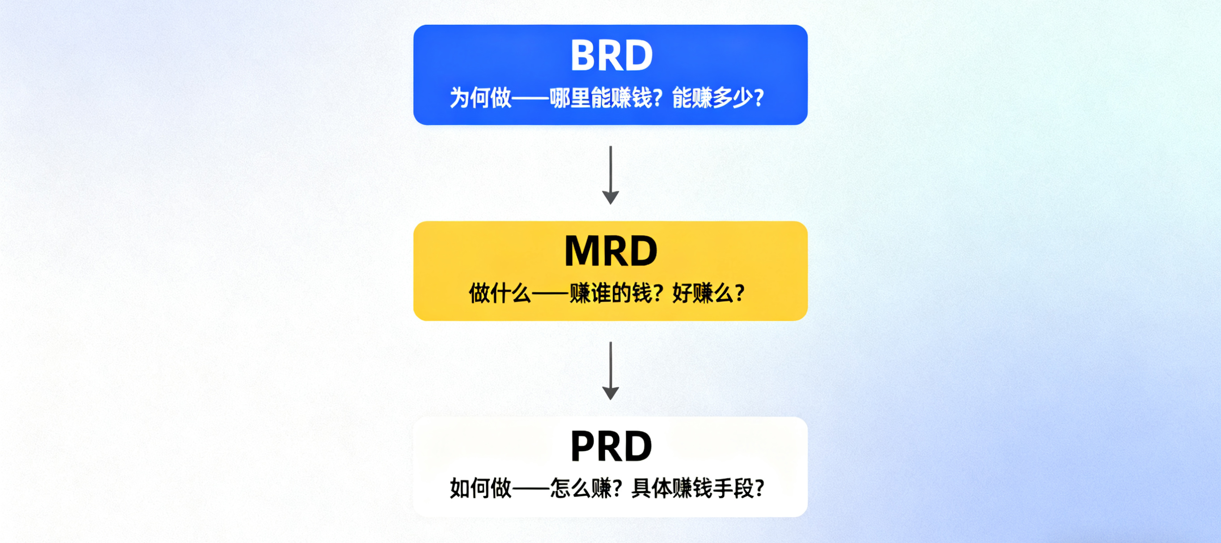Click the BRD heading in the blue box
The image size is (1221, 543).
tap(611, 56)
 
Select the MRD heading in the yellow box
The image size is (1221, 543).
tap(610, 251)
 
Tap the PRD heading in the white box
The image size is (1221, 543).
tap(611, 446)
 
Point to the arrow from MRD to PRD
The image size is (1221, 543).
tap(610, 370)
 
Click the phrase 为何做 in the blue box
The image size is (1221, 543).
tap(480, 98)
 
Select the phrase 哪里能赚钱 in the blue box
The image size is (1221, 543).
tap(601, 98)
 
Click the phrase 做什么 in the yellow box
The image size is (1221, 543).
tap(500, 294)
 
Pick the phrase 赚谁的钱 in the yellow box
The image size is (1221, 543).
tap(611, 294)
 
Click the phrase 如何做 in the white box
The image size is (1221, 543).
tap(480, 488)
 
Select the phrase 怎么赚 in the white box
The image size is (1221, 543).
tap(581, 488)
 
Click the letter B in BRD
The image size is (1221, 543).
tap(585, 56)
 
